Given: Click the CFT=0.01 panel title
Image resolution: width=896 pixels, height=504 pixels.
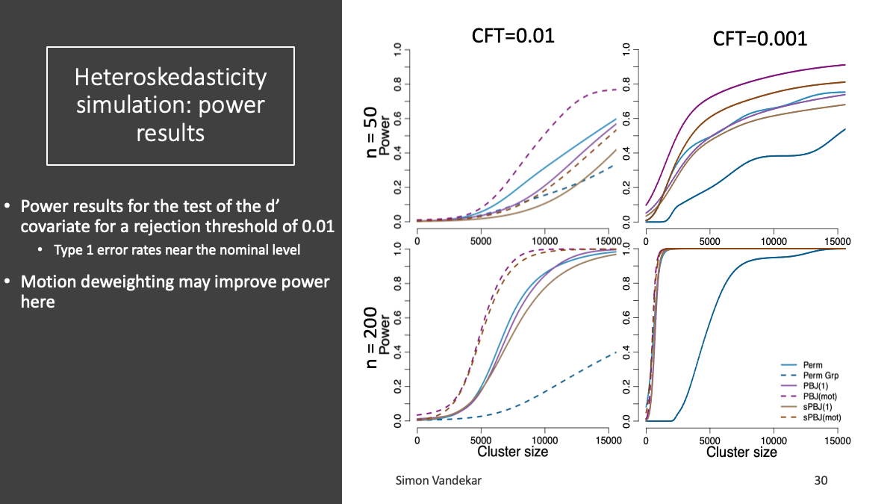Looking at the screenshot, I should (514, 35).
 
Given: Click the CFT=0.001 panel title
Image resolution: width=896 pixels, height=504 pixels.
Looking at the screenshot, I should (760, 38).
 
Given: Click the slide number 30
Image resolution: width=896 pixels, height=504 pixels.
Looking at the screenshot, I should (821, 481).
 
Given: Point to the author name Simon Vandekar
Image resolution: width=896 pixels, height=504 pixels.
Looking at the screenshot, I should (438, 481).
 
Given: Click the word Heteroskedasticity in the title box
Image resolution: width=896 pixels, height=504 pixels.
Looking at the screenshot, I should (170, 77).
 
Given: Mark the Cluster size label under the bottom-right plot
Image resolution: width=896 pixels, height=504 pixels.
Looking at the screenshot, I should (741, 452).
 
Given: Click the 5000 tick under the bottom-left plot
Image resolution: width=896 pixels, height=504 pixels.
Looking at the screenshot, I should (481, 441).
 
